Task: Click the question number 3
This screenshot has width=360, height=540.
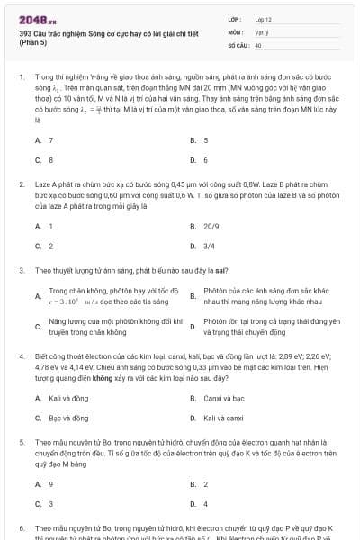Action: point(21,269)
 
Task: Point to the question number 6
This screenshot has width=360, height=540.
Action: point(21,527)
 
